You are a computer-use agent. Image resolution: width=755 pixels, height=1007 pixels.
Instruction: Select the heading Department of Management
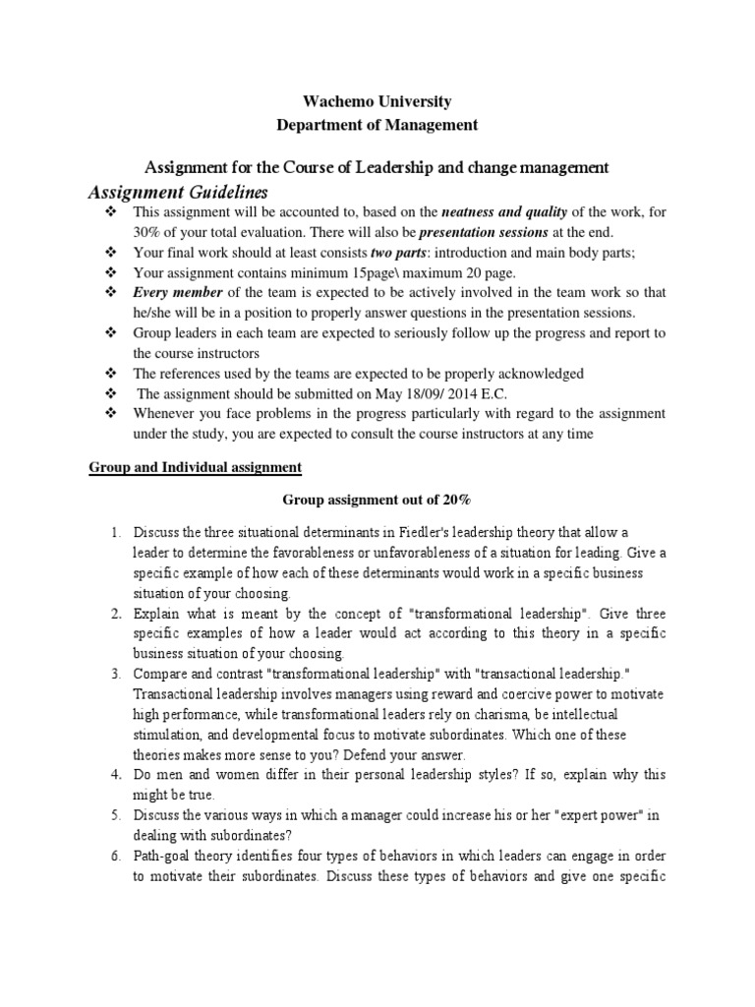click(377, 125)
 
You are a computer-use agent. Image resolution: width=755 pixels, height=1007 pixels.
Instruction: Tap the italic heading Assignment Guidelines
click(178, 190)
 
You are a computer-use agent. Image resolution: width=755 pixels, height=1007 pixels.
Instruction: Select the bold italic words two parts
click(395, 253)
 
